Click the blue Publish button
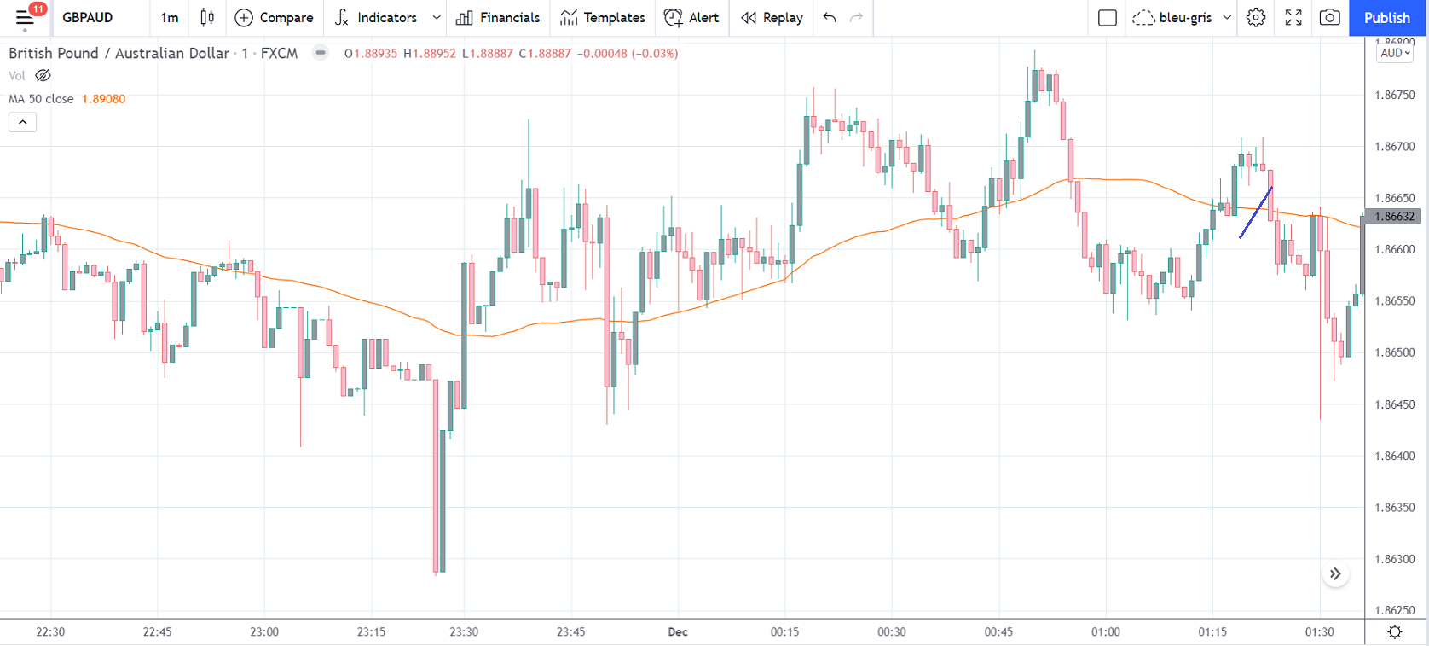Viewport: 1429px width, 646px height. point(1386,18)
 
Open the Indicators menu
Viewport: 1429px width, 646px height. point(376,18)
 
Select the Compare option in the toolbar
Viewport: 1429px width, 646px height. point(274,18)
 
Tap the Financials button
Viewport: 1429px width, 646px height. point(498,18)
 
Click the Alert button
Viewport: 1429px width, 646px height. point(691,18)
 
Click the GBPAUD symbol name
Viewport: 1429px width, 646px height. point(87,18)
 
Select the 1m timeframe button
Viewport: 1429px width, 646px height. point(169,18)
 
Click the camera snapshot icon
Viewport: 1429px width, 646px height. point(1328,18)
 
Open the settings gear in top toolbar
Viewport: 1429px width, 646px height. point(1255,18)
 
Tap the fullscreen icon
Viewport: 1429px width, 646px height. point(1293,18)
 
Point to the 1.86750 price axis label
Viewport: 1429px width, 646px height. point(1394,95)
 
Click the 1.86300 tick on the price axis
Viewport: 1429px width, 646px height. point(1394,559)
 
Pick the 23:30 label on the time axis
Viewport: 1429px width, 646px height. point(464,632)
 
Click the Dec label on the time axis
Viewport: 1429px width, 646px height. point(678,632)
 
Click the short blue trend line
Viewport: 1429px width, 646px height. point(1256,212)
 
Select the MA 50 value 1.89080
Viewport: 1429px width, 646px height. point(103,99)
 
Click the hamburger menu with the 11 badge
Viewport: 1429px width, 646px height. point(25,18)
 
